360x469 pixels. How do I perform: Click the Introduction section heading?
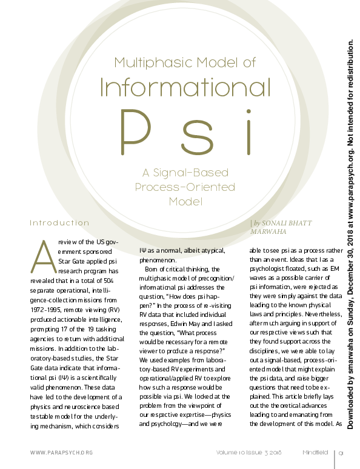59,222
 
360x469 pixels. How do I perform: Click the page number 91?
342,453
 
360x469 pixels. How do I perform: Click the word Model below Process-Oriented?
185,201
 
